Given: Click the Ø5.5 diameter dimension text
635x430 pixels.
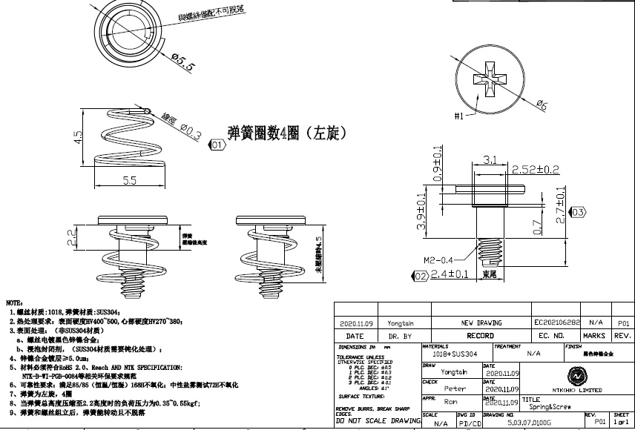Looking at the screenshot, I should (x=182, y=62).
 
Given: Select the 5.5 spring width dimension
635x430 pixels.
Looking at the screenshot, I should (x=129, y=180).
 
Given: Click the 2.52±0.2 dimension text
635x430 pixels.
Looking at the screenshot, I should (x=535, y=170).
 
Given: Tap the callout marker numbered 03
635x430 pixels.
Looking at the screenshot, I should (x=578, y=213).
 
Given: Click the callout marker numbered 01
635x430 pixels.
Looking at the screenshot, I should (x=217, y=145).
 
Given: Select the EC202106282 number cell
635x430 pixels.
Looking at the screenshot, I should (x=557, y=323).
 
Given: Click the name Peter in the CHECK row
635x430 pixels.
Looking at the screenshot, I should (x=455, y=388).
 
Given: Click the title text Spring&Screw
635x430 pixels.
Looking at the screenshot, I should (x=541, y=407).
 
